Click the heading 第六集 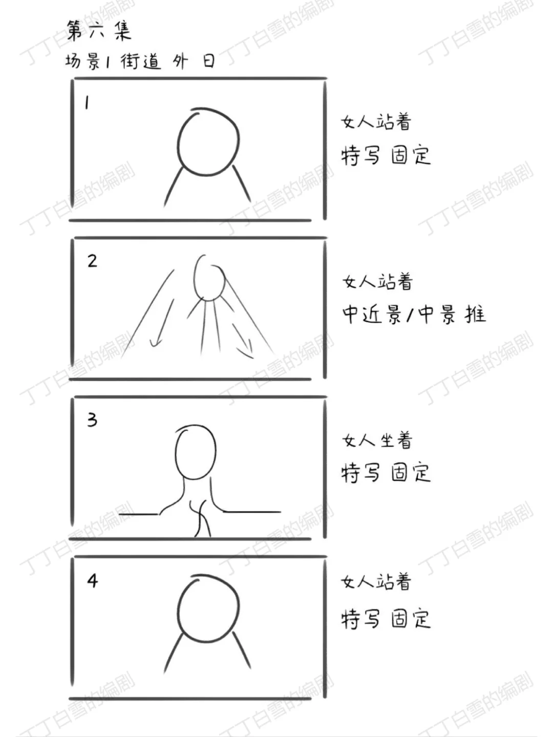pos(99,30)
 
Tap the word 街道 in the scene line pos(140,61)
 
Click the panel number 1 pos(87,103)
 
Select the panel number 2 pos(92,261)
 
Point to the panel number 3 pos(92,420)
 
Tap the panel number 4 pos(92,581)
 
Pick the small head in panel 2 pos(209,279)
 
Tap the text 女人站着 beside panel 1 pos(376,122)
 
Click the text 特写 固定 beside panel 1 pos(386,155)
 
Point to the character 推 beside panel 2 pos(475,314)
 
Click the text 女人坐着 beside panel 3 pos(377,440)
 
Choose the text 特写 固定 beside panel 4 pos(386,618)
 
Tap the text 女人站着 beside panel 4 pos(376,582)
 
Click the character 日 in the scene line pos(208,61)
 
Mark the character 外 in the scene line pos(180,62)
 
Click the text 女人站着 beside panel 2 pos(377,282)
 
